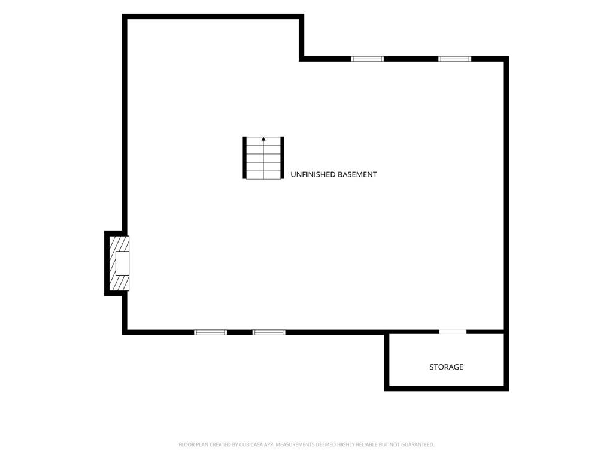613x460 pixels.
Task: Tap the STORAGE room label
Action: (x=446, y=367)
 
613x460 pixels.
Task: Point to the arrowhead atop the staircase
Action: (x=263, y=139)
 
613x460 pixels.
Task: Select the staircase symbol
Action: (x=263, y=158)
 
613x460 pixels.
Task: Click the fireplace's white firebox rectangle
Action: (x=122, y=264)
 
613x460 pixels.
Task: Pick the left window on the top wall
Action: (x=367, y=59)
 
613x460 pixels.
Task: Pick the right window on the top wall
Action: (x=455, y=59)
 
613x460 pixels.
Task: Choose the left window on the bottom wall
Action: (x=210, y=332)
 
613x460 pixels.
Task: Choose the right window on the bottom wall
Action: (x=269, y=332)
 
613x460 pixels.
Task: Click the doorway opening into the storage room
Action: (x=453, y=332)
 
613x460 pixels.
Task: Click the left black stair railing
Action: (x=245, y=158)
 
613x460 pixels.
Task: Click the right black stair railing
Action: (x=283, y=158)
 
